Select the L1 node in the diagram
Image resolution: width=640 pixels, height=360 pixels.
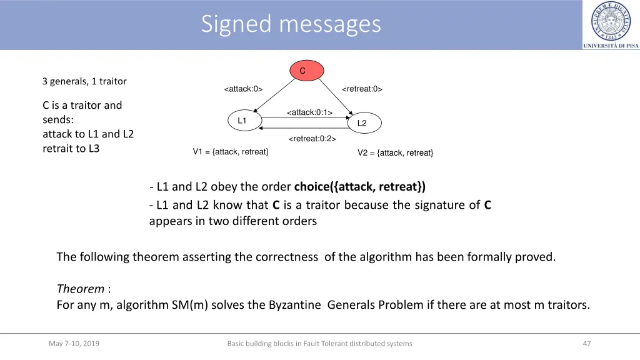[242, 121]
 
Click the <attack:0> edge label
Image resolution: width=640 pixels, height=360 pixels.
[243, 89]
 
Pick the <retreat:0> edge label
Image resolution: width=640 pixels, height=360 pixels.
[362, 89]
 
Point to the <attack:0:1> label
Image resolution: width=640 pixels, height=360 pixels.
[309, 112]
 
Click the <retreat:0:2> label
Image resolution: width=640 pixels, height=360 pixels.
[312, 139]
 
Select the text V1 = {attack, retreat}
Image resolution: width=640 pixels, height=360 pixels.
[231, 152]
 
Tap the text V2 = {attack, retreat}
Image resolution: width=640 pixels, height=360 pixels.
[395, 153]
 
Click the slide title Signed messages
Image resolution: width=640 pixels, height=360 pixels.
[291, 24]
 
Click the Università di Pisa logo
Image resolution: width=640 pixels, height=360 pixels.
[611, 25]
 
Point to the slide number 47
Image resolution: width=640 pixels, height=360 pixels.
[586, 343]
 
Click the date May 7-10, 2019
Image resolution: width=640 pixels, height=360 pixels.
[74, 343]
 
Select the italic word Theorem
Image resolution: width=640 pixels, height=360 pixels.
[81, 289]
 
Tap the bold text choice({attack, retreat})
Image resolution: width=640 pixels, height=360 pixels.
[359, 186]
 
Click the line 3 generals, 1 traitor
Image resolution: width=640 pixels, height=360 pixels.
[84, 81]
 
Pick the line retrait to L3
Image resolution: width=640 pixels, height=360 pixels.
[71, 149]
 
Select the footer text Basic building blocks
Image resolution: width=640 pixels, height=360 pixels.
[319, 343]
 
